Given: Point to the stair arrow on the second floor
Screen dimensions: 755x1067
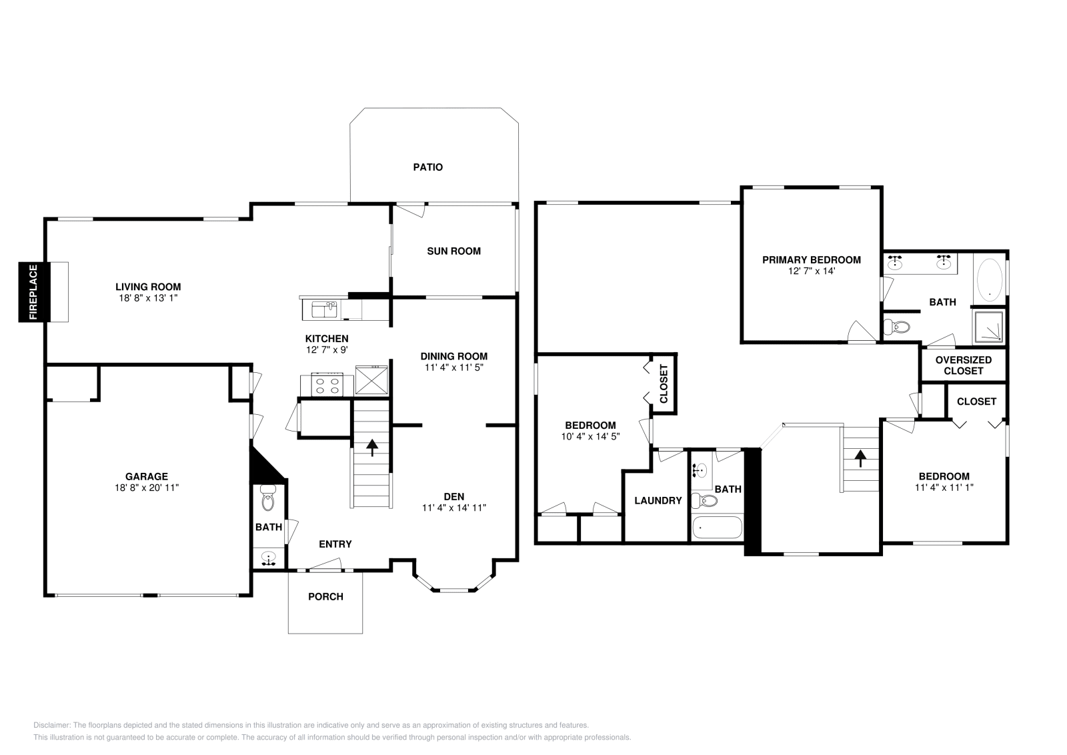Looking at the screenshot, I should pyautogui.click(x=860, y=458).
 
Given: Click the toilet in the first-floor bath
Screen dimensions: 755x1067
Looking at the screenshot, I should pyautogui.click(x=268, y=498).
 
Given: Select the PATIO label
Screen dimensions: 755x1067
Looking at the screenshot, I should pyautogui.click(x=427, y=167).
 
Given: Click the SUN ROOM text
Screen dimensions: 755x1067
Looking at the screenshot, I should pyautogui.click(x=453, y=251).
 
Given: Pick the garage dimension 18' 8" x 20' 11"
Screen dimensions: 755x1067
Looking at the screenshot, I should pyautogui.click(x=147, y=488).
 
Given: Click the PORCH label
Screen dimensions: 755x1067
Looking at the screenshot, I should pyautogui.click(x=325, y=596).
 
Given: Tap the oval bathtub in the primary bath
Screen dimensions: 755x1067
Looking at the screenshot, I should pyautogui.click(x=989, y=279).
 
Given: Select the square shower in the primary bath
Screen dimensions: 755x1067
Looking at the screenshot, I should pyautogui.click(x=989, y=325).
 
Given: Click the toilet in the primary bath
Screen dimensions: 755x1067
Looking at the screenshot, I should pyautogui.click(x=897, y=327).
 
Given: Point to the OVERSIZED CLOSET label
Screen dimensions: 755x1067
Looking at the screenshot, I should pyautogui.click(x=963, y=365).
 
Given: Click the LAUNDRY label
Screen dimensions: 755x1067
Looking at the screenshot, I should pyautogui.click(x=658, y=501).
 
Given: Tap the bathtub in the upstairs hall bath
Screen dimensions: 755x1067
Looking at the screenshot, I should pyautogui.click(x=717, y=528).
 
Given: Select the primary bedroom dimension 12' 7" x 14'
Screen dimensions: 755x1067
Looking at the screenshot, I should pyautogui.click(x=811, y=271).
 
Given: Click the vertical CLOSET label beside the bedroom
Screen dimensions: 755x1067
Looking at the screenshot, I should pyautogui.click(x=664, y=384).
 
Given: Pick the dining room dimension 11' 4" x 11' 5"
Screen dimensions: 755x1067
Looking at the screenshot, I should pyautogui.click(x=453, y=367).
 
